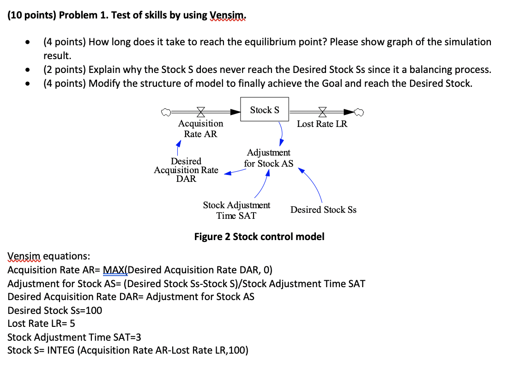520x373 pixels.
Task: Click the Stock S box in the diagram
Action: pyautogui.click(x=265, y=109)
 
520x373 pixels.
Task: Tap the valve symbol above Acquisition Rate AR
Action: pyautogui.click(x=201, y=111)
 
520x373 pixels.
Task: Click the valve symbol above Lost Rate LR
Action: pyautogui.click(x=322, y=111)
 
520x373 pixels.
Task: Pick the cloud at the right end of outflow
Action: pyautogui.click(x=361, y=111)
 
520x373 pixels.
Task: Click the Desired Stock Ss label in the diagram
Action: pyautogui.click(x=323, y=210)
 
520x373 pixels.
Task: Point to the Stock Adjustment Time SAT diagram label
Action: pyautogui.click(x=236, y=210)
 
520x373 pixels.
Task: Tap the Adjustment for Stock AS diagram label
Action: pyautogui.click(x=268, y=158)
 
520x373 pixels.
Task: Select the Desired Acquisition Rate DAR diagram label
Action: pyautogui.click(x=186, y=170)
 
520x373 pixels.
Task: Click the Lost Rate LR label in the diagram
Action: pyautogui.click(x=322, y=124)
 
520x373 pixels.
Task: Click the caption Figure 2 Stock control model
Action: pyautogui.click(x=259, y=237)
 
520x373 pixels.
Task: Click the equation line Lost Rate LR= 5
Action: pyautogui.click(x=41, y=324)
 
